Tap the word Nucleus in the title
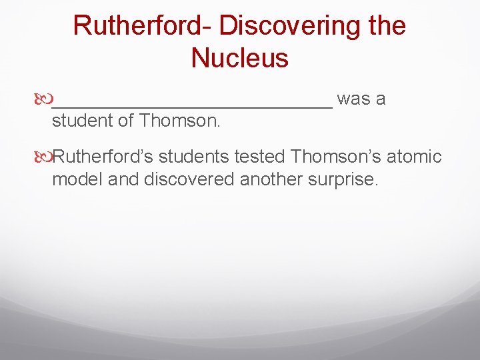pos(239,58)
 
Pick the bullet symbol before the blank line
pos(44,100)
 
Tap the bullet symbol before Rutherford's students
pos(44,157)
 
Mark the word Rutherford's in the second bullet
pos(103,157)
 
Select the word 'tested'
pos(261,157)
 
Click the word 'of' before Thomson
pos(127,121)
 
